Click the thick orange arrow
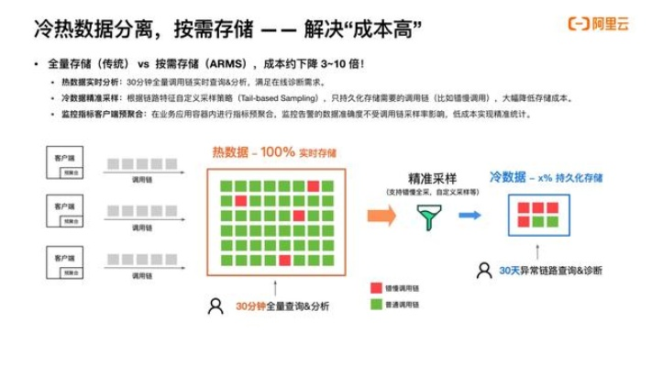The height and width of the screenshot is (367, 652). (x=381, y=216)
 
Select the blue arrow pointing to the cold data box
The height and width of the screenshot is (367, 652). (x=470, y=216)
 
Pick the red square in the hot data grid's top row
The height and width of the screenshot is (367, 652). (x=240, y=200)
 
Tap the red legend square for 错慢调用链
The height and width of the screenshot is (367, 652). (x=375, y=287)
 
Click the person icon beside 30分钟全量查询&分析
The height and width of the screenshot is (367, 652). (x=215, y=306)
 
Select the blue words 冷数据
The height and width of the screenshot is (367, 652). (x=507, y=176)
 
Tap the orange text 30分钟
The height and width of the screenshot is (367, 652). (x=249, y=306)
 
